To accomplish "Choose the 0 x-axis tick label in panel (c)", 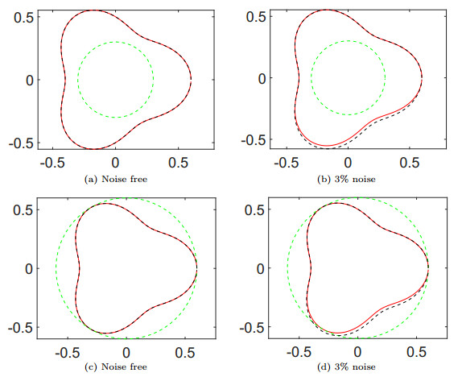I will coord(126,352).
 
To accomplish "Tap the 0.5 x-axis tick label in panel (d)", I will coord(419,352).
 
